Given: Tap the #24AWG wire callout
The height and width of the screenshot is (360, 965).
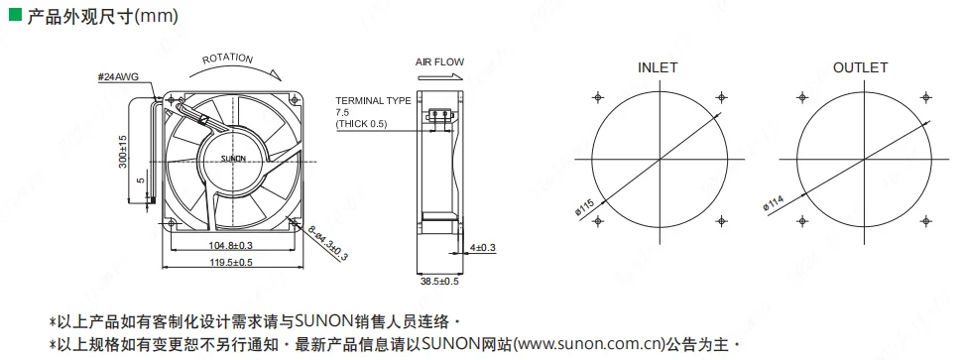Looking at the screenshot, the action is click(x=118, y=77).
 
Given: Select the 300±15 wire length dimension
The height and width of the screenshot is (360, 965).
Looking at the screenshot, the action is click(x=123, y=152).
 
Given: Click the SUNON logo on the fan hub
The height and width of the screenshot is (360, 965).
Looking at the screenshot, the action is click(x=233, y=159).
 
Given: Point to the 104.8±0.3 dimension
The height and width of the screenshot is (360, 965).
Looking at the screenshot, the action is click(x=231, y=246).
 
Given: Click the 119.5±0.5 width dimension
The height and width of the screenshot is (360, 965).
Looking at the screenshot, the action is click(x=231, y=262).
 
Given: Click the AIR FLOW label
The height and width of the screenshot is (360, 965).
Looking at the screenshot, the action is click(x=440, y=62).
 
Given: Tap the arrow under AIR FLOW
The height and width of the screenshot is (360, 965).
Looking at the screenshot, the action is click(x=439, y=77).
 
